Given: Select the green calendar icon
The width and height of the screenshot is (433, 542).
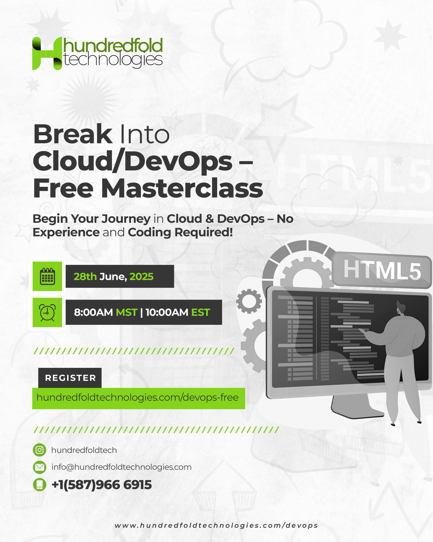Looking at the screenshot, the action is pos(47,276).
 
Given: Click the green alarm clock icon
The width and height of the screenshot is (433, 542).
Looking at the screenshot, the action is pos(47,312).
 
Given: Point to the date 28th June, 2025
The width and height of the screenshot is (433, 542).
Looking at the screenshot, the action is pos(113,277).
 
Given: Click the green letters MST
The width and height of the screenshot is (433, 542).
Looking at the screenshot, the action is pos(127,313).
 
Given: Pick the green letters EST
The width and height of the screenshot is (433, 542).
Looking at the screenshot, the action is pos(200,313).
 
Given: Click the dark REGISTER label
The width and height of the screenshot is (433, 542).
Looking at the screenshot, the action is pos(70,378).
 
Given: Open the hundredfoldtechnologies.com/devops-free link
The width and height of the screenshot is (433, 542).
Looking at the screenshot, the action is pos(137,397).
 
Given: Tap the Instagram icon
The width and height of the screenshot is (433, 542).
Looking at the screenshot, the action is pos(40,450).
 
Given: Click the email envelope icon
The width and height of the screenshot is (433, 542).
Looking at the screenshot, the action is pos(40,467).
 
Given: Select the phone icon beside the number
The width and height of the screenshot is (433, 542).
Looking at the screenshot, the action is pos(40,485).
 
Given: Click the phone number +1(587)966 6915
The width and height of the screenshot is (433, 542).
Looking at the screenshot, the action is pos(102,485).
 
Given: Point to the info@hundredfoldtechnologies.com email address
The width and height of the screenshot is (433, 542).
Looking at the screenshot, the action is pos(122,467).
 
